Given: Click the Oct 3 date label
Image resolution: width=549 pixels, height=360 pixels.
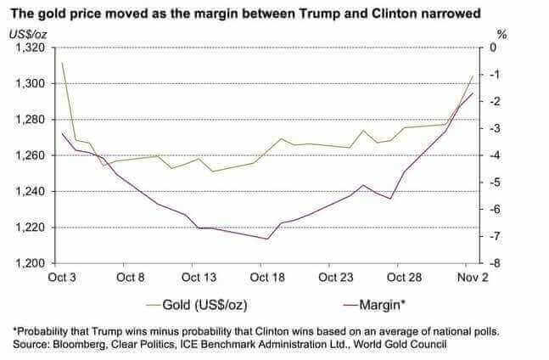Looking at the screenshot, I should click(x=62, y=278).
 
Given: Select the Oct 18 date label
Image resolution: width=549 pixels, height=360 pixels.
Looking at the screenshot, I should click(x=269, y=278).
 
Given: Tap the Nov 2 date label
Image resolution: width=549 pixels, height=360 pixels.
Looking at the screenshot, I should click(x=473, y=278).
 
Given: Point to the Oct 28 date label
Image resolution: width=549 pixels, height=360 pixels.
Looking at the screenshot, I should click(x=404, y=278).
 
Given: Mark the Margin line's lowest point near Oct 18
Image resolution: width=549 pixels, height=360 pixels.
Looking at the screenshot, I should click(x=267, y=239).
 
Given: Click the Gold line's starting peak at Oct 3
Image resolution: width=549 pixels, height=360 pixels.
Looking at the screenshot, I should click(x=63, y=63).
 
